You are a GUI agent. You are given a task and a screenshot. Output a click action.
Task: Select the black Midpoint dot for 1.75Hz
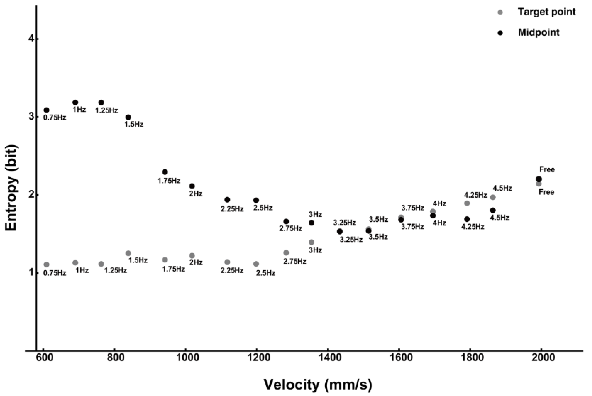[165, 172]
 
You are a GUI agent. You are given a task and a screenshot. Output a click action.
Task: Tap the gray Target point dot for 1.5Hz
[128, 253]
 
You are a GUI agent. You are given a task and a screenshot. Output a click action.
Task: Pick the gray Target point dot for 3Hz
[311, 242]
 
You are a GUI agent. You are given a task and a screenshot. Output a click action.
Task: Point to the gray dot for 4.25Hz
[467, 203]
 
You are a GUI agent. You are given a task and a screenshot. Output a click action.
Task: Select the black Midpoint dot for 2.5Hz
[256, 200]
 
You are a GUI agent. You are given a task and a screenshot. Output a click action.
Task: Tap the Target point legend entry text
[547, 12]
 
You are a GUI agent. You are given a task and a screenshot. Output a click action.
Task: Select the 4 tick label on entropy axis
[31, 39]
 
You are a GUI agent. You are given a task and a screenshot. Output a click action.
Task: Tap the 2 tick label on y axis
[31, 195]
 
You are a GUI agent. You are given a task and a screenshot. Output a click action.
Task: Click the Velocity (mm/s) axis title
[318, 385]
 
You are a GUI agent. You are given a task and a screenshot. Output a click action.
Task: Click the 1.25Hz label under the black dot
[106, 111]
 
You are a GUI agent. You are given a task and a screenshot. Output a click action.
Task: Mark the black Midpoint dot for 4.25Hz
[467, 219]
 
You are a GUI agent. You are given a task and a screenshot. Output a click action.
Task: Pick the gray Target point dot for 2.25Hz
[227, 262]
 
